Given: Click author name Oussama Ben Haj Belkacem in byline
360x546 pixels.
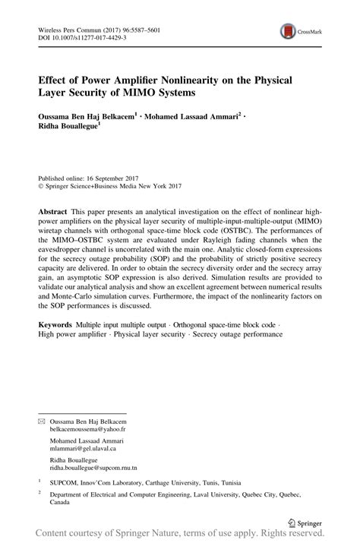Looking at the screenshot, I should (x=98, y=119).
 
